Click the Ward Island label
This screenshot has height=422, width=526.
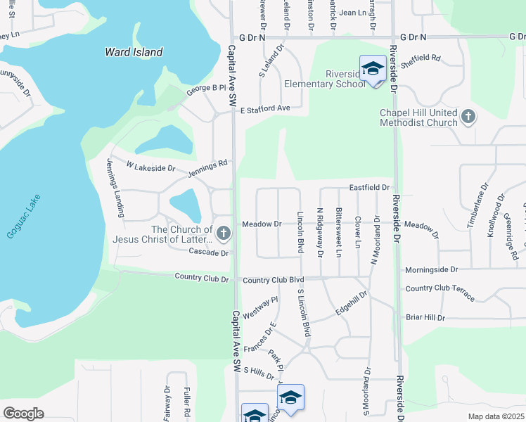[134, 52]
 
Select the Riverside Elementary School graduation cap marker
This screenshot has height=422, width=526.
[373, 69]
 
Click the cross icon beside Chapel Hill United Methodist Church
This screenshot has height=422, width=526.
[468, 116]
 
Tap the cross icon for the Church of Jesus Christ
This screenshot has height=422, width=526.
[223, 233]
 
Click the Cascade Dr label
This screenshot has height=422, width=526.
[209, 252]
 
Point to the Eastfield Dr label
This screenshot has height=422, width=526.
[369, 188]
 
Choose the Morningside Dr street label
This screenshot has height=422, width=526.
[431, 269]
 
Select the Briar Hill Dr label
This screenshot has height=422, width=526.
[425, 317]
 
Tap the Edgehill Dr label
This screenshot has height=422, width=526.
[351, 304]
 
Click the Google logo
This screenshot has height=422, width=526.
[23, 414]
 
